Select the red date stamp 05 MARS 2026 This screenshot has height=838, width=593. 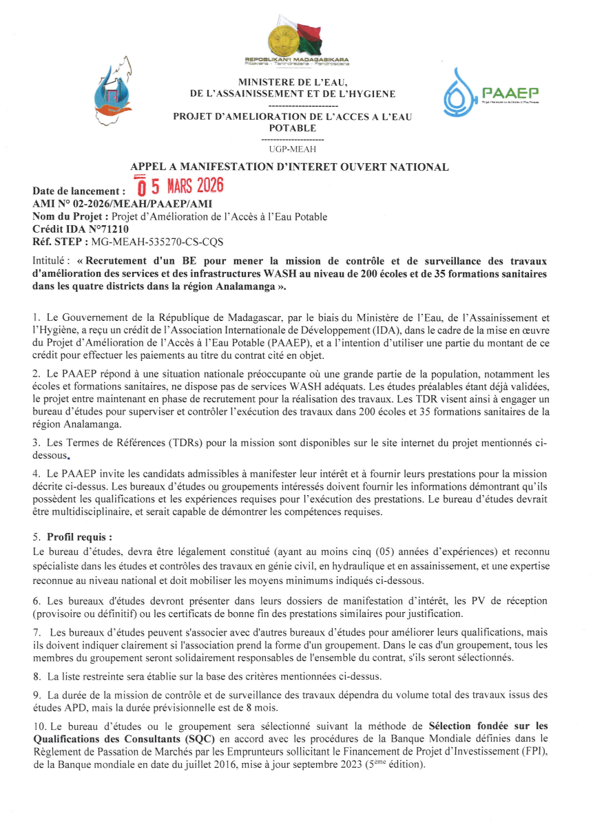[x=180, y=186]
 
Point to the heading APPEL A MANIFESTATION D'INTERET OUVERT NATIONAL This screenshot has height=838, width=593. [x=289, y=167]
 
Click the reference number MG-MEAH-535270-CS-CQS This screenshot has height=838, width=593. [x=157, y=242]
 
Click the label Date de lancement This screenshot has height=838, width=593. [x=79, y=191]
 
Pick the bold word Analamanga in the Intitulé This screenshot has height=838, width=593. [x=245, y=286]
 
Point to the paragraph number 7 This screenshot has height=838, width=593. [x=36, y=632]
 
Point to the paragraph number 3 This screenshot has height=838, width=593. [x=36, y=443]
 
